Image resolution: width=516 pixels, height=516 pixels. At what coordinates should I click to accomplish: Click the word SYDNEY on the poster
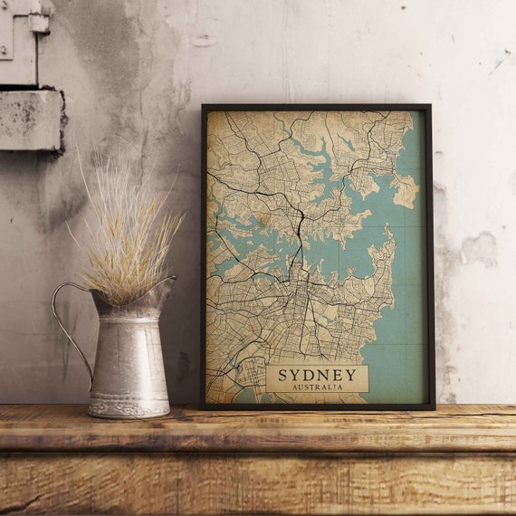tap(317, 374)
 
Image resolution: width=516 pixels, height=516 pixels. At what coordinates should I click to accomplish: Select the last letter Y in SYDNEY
tap(350, 374)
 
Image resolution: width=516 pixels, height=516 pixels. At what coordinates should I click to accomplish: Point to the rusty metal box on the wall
tap(30, 118)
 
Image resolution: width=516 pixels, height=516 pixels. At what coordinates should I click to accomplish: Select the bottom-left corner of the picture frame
tap(203, 406)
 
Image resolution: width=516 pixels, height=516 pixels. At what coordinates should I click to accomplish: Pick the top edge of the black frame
tap(317, 107)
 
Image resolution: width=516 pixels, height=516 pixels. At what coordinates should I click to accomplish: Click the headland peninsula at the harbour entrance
tap(405, 190)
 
